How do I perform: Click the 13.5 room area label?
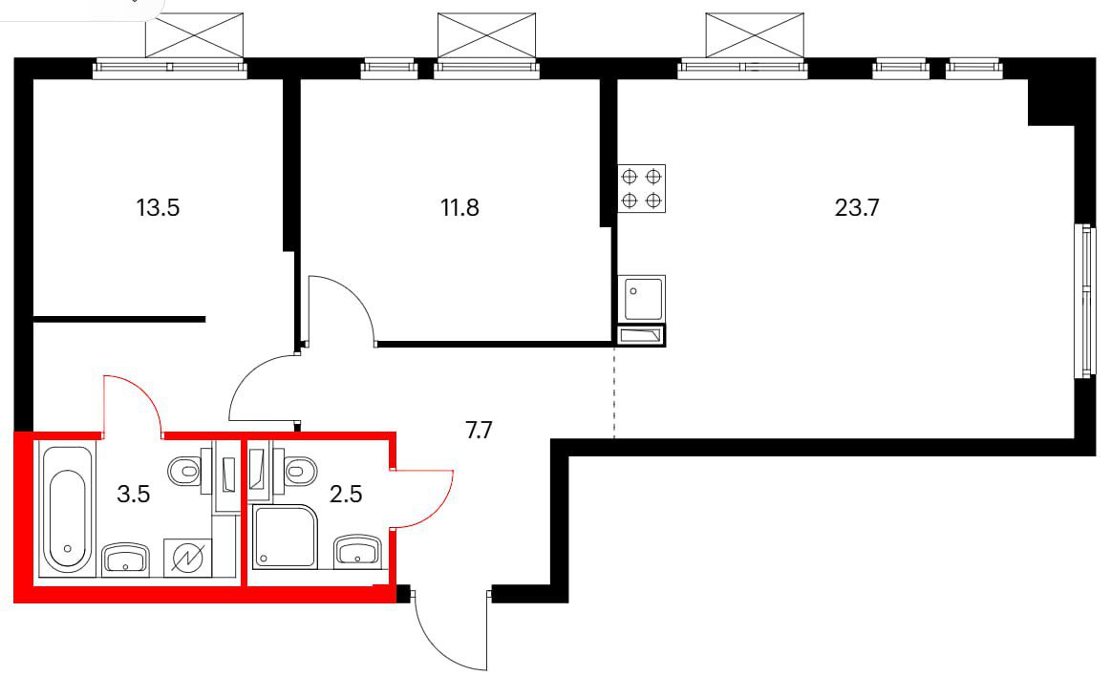(x=158, y=207)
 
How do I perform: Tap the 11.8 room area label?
(x=459, y=207)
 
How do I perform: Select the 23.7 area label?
(x=857, y=207)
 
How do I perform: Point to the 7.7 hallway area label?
(x=479, y=430)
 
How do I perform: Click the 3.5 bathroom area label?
(x=133, y=494)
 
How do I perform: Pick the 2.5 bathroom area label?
(x=346, y=494)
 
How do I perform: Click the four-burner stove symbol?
(x=642, y=188)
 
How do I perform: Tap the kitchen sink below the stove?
(x=642, y=298)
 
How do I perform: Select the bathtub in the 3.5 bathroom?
(x=67, y=508)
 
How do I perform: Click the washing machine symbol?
(x=188, y=558)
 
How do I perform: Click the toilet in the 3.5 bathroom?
(x=190, y=470)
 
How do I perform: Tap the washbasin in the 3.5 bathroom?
(x=126, y=559)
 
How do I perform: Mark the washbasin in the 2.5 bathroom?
(x=358, y=552)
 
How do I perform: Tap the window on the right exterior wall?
(x=1084, y=301)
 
